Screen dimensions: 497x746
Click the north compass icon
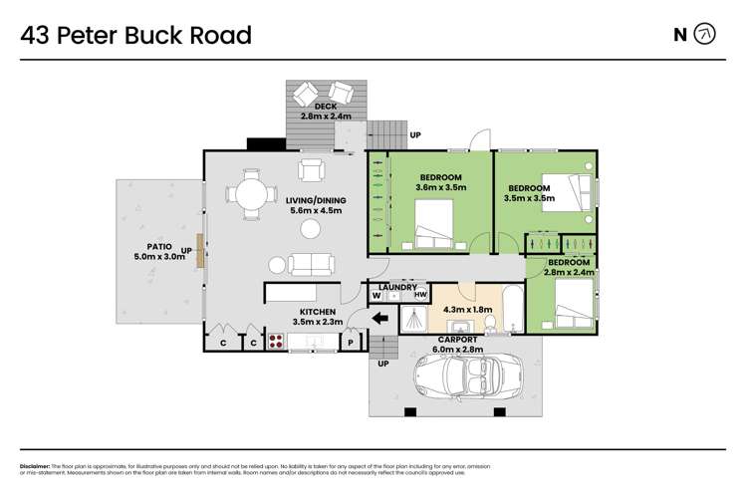[704, 35]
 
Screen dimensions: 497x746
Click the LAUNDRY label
[399, 287]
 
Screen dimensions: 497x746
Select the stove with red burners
[275, 342]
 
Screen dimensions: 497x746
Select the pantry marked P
[351, 343]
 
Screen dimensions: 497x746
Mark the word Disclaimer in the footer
[38, 466]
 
